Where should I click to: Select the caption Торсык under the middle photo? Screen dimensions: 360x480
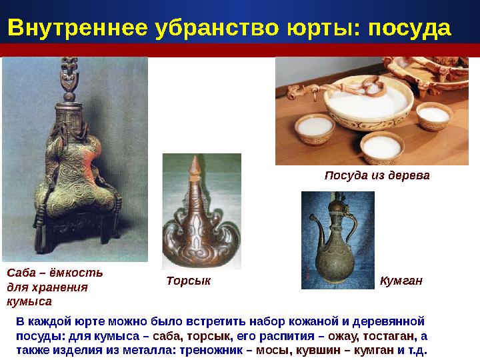tap(189, 281)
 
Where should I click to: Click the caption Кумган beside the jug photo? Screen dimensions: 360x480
tap(401, 281)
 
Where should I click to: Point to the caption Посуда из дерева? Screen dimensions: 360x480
tap(377, 175)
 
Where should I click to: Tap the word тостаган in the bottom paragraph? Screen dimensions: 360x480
tap(389, 335)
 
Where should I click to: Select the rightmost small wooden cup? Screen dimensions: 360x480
tap(434, 120)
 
